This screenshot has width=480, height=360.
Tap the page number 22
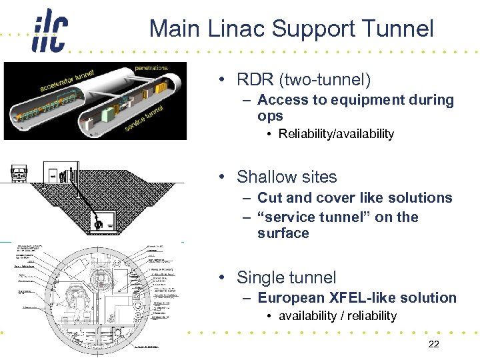[x=433, y=343]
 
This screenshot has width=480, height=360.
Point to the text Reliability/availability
[x=336, y=134]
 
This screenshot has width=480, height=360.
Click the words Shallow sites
[x=287, y=177]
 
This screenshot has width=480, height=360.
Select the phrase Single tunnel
[x=287, y=277]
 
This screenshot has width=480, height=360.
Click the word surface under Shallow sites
[x=283, y=233]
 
